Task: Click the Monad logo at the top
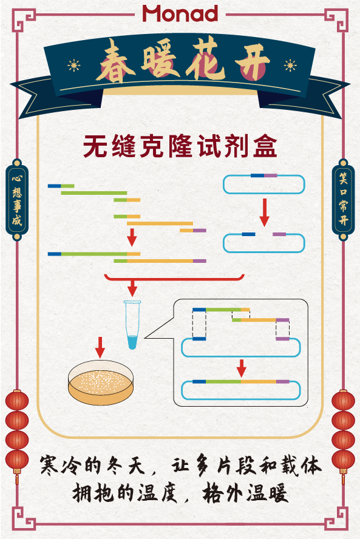click(x=180, y=13)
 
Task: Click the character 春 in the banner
click(x=115, y=61)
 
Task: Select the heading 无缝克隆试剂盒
click(x=180, y=146)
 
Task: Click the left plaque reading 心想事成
click(x=17, y=200)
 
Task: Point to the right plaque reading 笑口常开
click(x=343, y=199)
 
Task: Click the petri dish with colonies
click(x=101, y=382)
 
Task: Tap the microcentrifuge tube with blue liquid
click(x=132, y=325)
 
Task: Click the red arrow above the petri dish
click(x=100, y=347)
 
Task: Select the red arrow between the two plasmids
click(x=265, y=212)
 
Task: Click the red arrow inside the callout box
click(x=242, y=368)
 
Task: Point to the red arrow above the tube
click(x=132, y=288)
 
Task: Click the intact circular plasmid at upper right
click(x=264, y=184)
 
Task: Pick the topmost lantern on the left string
click(x=17, y=401)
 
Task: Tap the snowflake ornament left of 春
click(x=74, y=65)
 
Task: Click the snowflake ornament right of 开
click(x=290, y=65)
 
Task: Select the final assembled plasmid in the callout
click(x=240, y=390)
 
